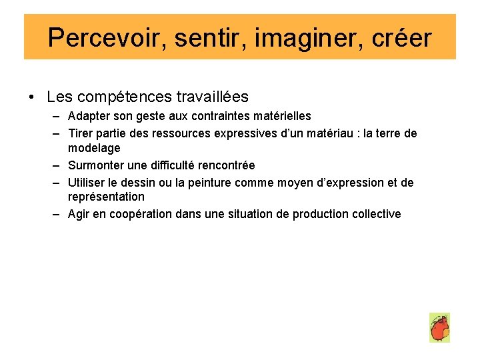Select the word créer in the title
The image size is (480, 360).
coord(402,38)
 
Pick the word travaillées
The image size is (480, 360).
coord(213,97)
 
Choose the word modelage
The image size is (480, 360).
coord(94,147)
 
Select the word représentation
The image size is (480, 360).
coord(106,197)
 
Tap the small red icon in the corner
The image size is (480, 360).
coord(439,328)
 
